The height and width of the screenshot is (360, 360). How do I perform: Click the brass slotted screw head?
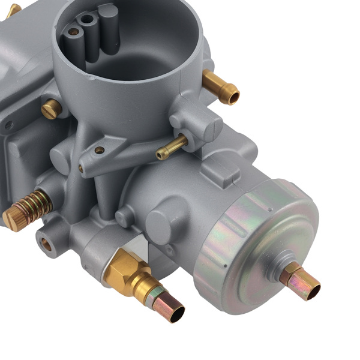point(52,108)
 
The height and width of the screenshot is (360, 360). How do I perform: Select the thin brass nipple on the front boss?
point(171,148)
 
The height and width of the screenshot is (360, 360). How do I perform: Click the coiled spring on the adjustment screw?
point(36,203)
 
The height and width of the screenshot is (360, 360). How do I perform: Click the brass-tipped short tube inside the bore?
point(73,32)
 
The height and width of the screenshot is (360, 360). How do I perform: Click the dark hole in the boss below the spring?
point(46,243)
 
